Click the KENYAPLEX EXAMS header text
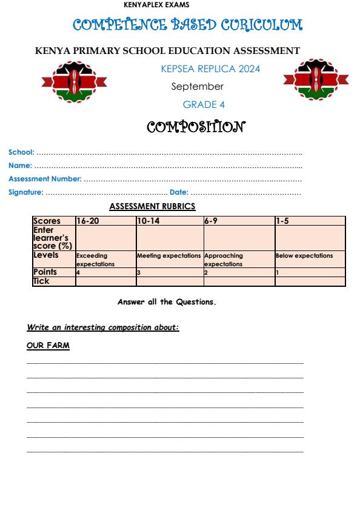(156, 5)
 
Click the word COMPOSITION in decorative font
(196, 127)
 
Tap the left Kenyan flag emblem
(74, 81)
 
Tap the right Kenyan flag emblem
(315, 79)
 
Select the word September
(197, 87)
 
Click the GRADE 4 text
(204, 105)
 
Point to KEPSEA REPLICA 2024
(210, 69)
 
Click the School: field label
(21, 152)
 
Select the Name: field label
(20, 166)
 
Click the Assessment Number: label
(45, 179)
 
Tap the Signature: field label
(26, 192)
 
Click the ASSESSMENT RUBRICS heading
(152, 207)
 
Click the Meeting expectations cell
(168, 256)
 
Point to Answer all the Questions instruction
(167, 301)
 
